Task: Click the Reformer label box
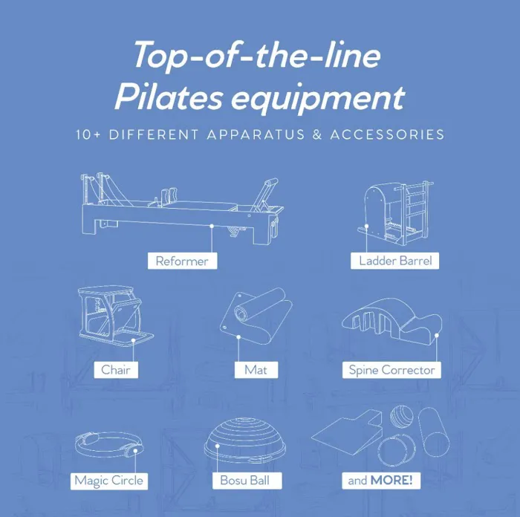[x=182, y=261]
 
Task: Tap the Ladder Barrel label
[x=394, y=261]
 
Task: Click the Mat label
[x=256, y=369]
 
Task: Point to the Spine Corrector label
[x=392, y=369]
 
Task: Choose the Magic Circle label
[x=108, y=480]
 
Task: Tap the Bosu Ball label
[x=244, y=480]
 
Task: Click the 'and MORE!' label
[x=380, y=480]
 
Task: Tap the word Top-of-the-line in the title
[x=258, y=56]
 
